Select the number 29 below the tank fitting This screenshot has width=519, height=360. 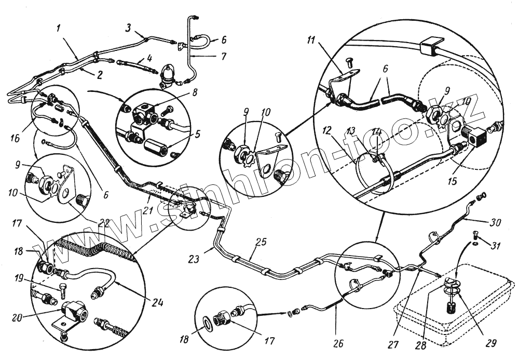(490, 343)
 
